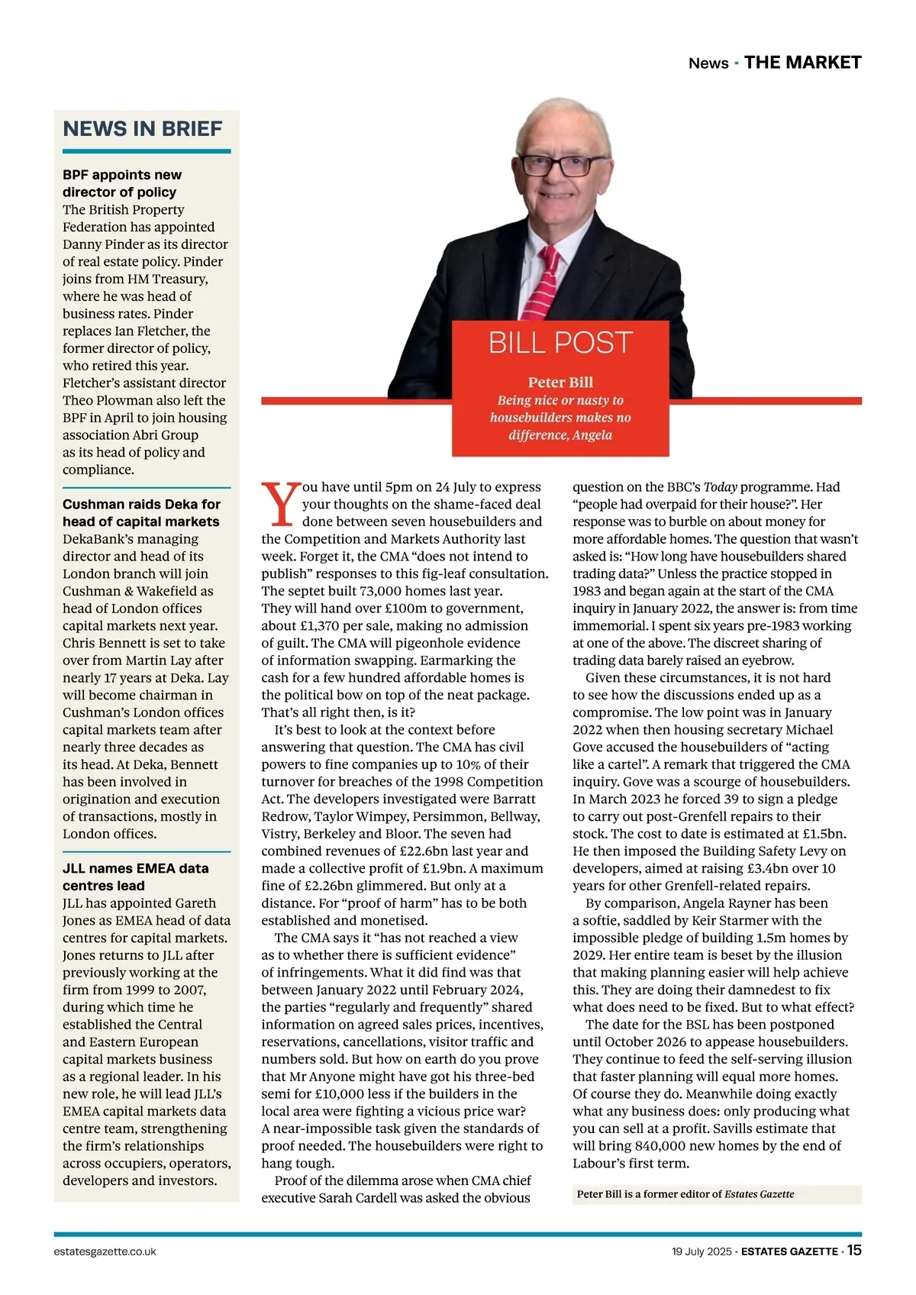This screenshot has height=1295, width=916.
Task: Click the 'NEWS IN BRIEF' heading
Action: (143, 129)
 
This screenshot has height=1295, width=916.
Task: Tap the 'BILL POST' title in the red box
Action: (560, 343)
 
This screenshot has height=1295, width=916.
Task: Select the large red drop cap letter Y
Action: (280, 505)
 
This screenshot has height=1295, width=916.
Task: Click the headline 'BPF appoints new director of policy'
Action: (122, 183)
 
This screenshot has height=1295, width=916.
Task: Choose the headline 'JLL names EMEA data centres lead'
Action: (135, 877)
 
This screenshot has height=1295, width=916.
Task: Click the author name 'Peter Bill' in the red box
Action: (560, 383)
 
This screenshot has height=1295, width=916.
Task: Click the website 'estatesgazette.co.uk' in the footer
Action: (105, 1251)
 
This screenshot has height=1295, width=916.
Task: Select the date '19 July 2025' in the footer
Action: (701, 1251)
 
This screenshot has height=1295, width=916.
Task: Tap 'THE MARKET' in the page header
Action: (802, 63)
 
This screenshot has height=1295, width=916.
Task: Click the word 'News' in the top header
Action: (708, 63)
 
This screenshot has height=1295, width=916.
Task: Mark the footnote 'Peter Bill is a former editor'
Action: (685, 1194)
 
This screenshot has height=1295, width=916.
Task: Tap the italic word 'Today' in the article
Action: (720, 487)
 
